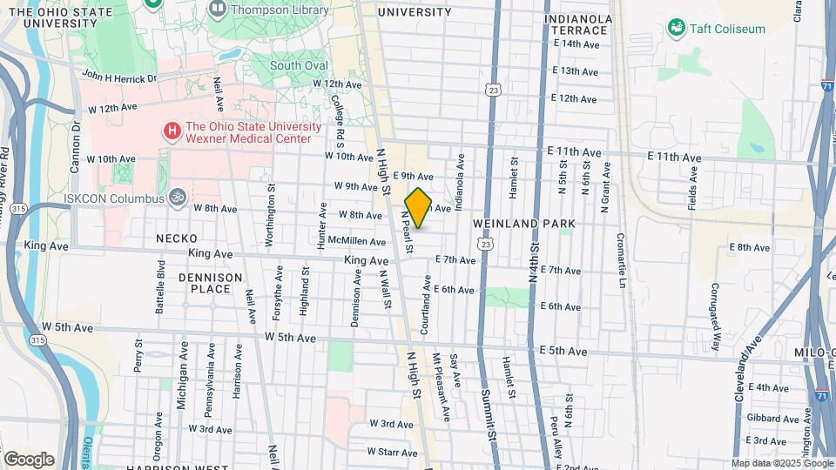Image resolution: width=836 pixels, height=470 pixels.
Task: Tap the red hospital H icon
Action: (172, 131)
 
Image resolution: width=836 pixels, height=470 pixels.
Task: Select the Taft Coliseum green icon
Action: (676, 29)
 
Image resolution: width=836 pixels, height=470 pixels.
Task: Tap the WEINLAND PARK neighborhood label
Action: (524, 225)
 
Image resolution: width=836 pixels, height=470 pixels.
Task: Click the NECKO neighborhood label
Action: (176, 238)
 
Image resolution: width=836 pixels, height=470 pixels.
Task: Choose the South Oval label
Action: (296, 65)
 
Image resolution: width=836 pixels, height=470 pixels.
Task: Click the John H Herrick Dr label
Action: (119, 77)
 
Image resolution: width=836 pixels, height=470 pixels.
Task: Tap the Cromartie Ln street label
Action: (622, 260)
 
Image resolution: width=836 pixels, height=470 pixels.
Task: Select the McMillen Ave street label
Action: (353, 242)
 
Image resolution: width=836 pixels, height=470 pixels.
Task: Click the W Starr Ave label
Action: (393, 452)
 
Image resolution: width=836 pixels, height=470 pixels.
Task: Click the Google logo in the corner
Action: (30, 459)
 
